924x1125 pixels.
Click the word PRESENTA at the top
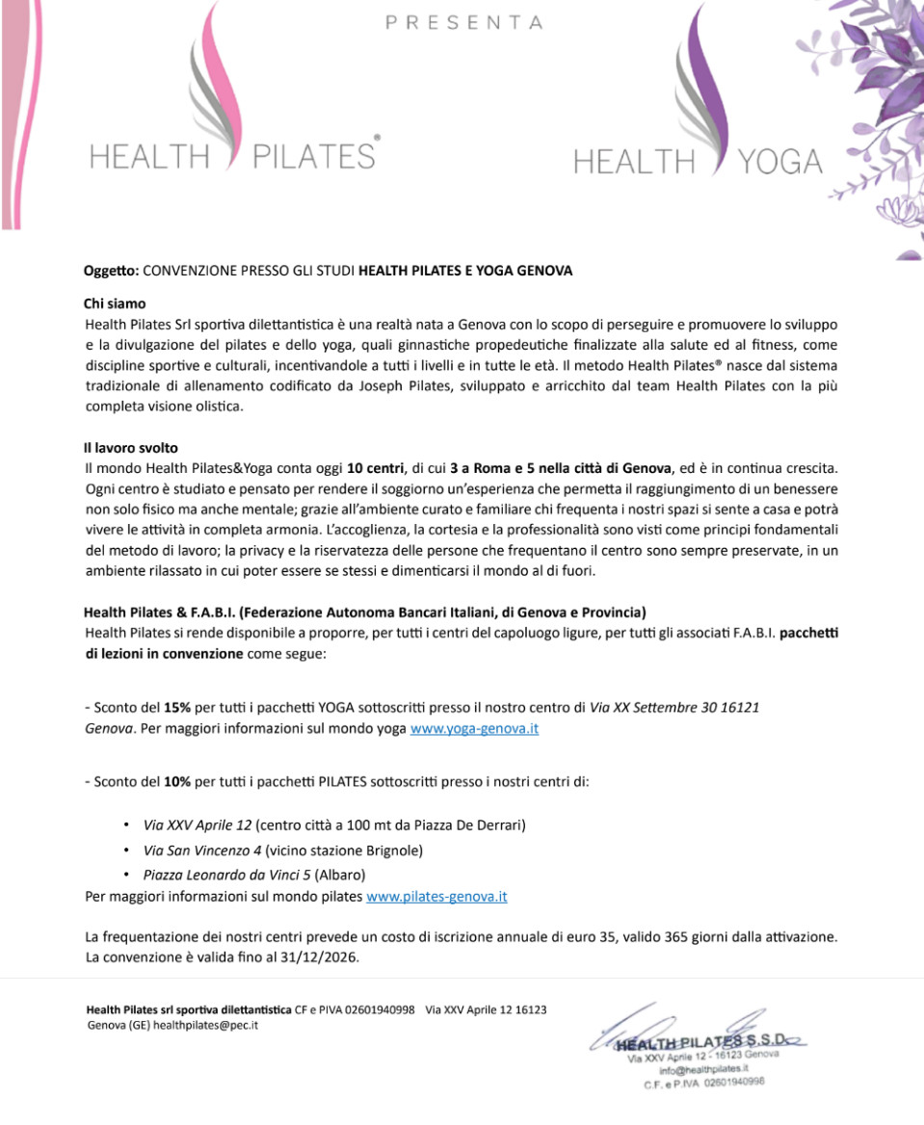click(463, 22)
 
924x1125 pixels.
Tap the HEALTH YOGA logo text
click(699, 162)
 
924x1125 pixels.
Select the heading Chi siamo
click(115, 303)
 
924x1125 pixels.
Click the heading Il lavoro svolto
click(131, 448)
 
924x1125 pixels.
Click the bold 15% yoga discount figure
click(177, 707)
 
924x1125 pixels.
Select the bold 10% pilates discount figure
click(177, 781)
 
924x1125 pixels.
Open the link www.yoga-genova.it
click(474, 728)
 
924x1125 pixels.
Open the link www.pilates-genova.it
click(436, 897)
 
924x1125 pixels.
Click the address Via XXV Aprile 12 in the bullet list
click(197, 825)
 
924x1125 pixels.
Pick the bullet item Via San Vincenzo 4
click(202, 850)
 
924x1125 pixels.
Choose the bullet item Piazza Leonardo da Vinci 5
click(226, 875)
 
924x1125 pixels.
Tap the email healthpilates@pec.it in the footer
click(205, 1025)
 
